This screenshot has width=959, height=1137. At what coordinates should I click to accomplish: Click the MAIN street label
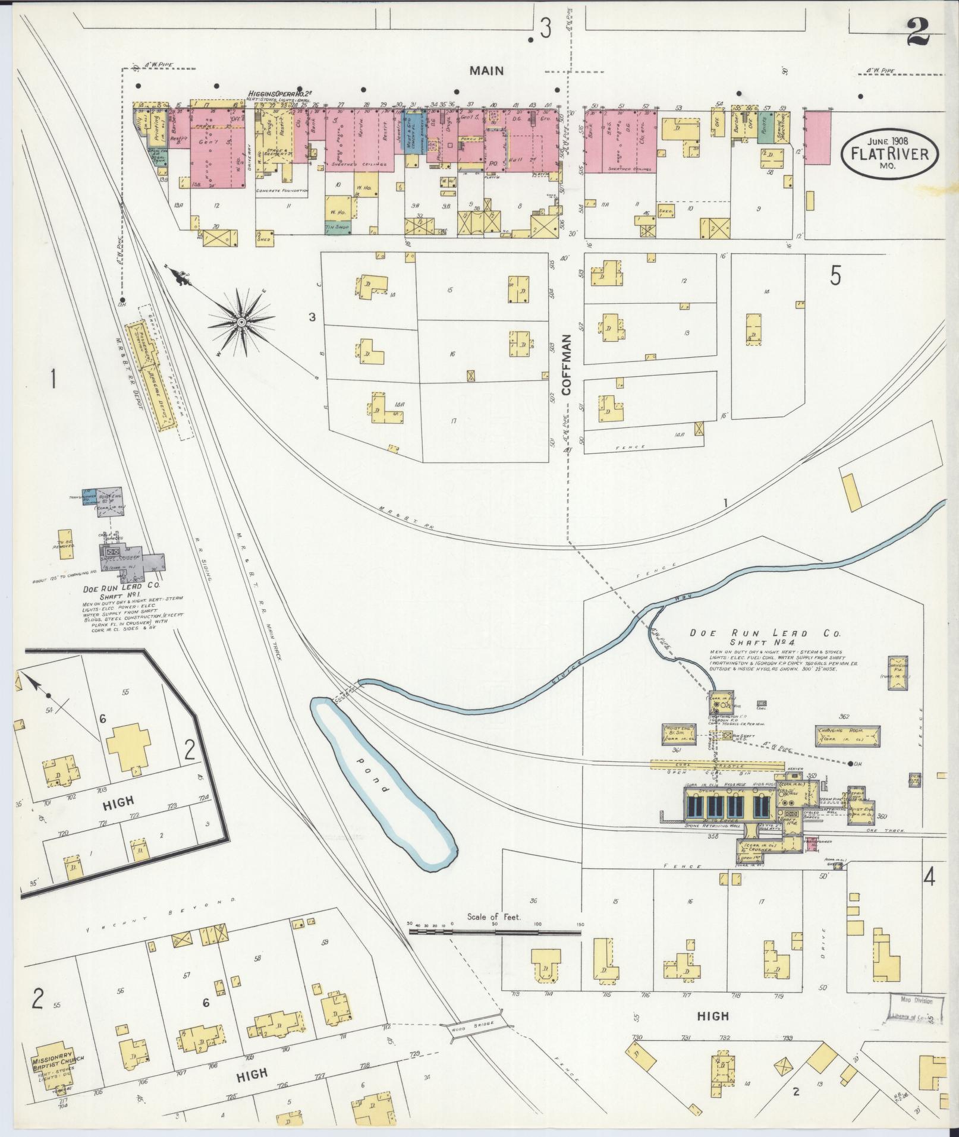486,71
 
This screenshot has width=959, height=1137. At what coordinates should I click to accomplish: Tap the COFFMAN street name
565,364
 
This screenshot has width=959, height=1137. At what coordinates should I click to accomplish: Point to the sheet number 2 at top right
919,31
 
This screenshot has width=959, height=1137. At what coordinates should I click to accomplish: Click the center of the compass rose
241,322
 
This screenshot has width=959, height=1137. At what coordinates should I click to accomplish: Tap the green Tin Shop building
338,227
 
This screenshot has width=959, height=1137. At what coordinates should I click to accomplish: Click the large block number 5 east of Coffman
835,276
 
